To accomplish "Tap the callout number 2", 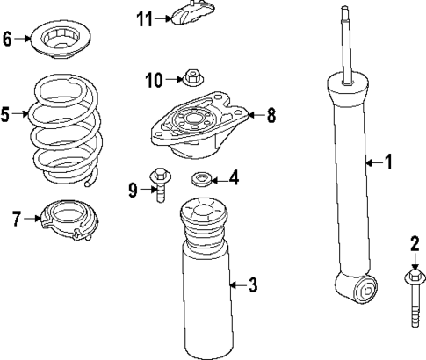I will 415,243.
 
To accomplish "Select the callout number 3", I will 252,284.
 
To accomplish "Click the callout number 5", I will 6,114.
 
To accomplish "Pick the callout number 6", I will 8,39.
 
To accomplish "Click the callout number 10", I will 152,81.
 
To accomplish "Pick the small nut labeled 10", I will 187,80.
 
